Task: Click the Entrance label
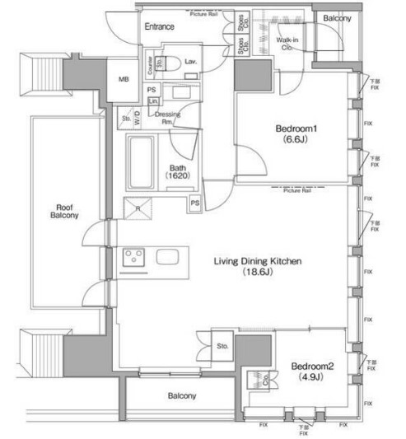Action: pos(158,27)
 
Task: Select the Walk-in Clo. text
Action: pos(287,43)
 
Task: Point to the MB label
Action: pos(124,79)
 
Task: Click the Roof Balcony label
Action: pos(67,212)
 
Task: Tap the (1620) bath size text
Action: pos(176,176)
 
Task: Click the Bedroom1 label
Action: pos(296,129)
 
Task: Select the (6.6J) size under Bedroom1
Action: pos(295,142)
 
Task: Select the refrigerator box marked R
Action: pos(136,208)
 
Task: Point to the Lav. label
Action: pos(189,61)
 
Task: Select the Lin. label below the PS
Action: pos(153,101)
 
